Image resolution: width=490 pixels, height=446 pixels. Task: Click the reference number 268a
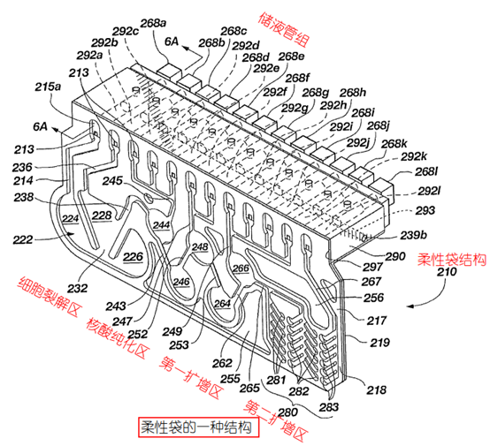153,23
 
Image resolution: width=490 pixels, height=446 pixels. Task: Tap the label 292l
428,191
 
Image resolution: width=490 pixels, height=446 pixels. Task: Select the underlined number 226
134,257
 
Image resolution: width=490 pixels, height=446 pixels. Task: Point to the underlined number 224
70,218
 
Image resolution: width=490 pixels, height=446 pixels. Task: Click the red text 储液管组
284,30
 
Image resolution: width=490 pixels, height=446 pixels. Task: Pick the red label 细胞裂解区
50,297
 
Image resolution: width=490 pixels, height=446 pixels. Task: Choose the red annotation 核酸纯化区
117,338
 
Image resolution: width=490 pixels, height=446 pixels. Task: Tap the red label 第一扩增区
192,377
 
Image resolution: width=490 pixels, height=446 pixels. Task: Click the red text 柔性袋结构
452,260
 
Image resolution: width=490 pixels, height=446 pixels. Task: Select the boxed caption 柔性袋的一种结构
199,427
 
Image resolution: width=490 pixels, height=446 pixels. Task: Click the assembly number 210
447,272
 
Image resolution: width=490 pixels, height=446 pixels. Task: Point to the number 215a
48,87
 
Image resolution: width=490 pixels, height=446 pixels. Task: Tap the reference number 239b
413,235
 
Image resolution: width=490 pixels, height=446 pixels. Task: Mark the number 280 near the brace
287,412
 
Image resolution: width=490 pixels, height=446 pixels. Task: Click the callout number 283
329,407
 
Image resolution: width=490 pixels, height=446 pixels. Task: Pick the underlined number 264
222,303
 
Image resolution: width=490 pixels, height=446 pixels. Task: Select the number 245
112,181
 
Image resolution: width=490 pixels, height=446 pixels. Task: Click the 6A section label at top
172,42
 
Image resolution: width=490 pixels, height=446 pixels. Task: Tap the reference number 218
376,389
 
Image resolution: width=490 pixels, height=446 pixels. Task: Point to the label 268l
426,171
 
